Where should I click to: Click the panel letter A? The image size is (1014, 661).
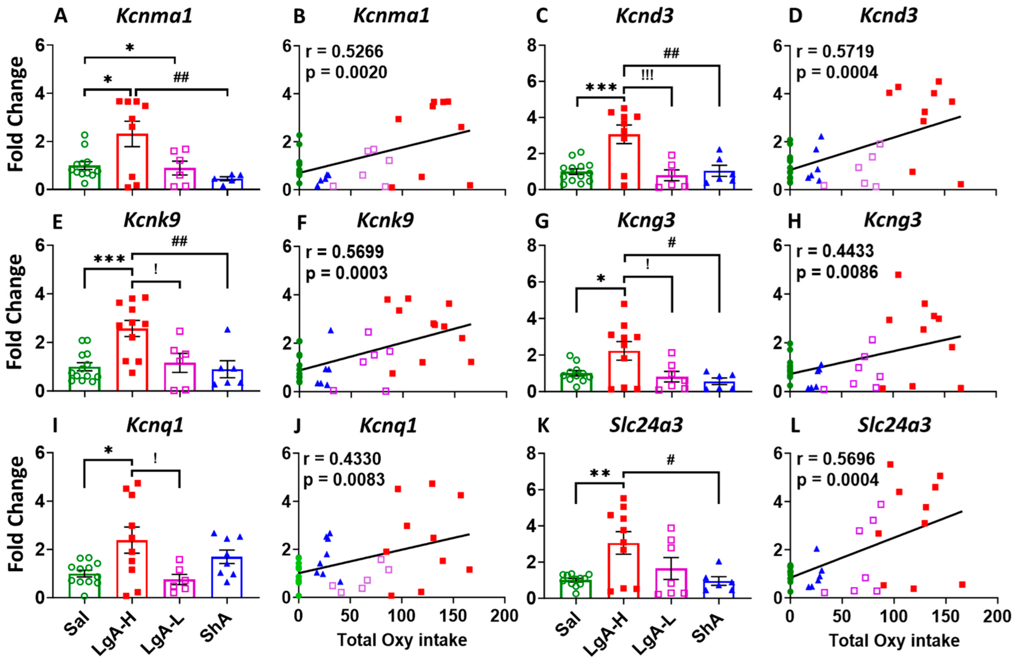(x=62, y=16)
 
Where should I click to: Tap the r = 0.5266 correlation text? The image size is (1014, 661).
(x=344, y=51)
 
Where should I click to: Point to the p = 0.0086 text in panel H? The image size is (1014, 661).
(x=837, y=271)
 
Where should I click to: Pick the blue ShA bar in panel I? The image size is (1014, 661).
(x=227, y=577)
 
